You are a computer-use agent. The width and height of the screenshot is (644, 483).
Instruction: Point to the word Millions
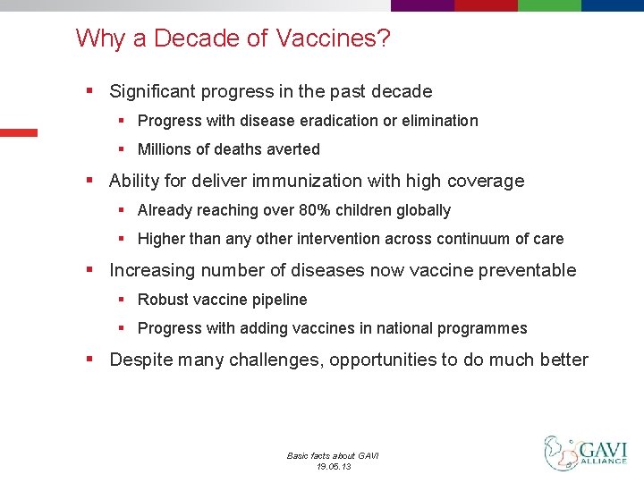(167, 149)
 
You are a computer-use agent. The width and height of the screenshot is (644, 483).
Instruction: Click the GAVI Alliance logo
(586, 453)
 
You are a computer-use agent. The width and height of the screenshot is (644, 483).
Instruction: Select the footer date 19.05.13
(333, 466)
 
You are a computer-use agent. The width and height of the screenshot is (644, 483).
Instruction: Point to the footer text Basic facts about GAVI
(333, 455)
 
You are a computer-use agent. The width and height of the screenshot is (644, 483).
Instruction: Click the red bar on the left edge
(18, 132)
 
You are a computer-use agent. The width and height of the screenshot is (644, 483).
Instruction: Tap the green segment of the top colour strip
(549, 4)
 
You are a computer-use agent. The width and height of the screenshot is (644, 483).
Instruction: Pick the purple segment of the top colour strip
(422, 4)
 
